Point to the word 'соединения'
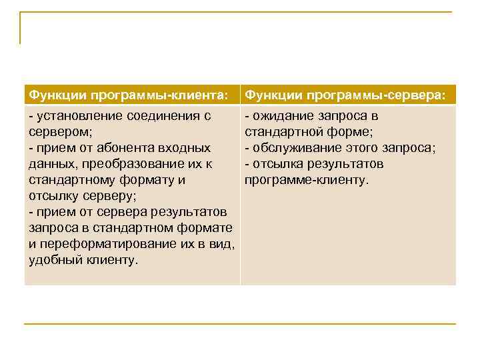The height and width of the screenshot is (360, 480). [163, 116]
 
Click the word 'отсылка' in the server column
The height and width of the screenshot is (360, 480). [276, 164]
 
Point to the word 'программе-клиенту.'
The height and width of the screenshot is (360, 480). [306, 180]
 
